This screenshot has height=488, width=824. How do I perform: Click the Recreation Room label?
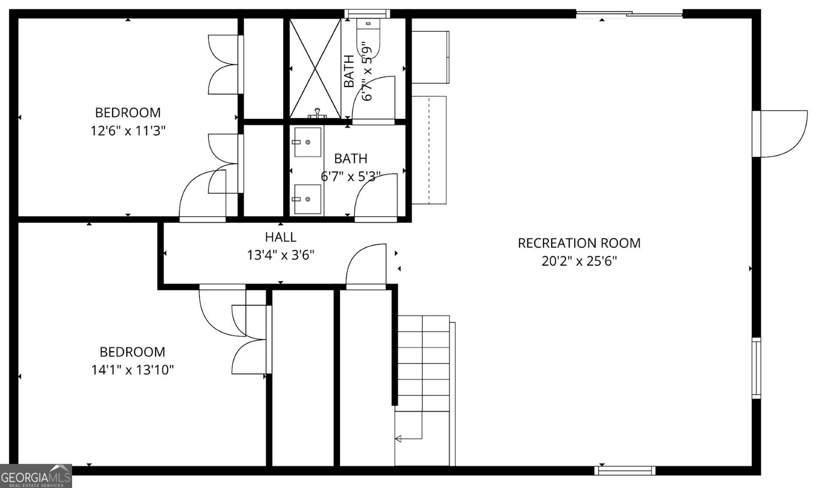tap(579, 243)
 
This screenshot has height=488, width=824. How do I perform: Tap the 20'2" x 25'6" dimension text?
tap(579, 261)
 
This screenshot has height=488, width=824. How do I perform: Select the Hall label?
tap(281, 237)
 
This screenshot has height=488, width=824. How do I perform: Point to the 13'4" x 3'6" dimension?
tap(281, 255)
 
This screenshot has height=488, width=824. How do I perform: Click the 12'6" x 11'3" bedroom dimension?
tap(128, 131)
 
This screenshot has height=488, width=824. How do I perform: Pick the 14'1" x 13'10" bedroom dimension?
tap(132, 370)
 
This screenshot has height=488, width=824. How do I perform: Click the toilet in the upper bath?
tap(369, 36)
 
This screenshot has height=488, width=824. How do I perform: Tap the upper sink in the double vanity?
tap(307, 142)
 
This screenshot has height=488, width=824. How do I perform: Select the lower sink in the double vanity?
tap(307, 199)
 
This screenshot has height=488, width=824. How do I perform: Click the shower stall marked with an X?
tap(315, 68)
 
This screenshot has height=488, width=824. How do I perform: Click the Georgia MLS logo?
tap(36, 476)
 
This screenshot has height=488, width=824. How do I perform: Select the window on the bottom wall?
tap(625, 470)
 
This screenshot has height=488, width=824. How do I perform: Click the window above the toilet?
tap(367, 13)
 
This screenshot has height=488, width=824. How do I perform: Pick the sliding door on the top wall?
tap(629, 14)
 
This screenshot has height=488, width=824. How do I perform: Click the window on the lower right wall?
tap(757, 368)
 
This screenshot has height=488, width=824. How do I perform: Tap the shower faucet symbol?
tap(317, 113)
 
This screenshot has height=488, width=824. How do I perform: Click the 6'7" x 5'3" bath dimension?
tap(351, 177)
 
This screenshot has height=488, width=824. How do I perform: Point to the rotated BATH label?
tap(349, 71)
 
